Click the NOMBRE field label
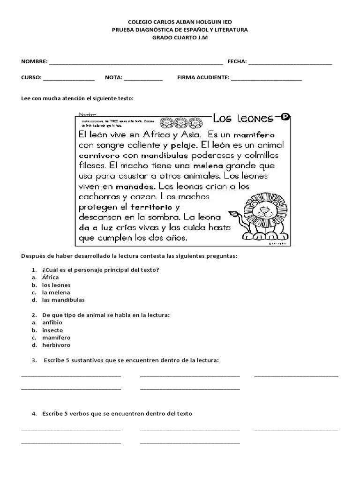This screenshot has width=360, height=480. (34, 61)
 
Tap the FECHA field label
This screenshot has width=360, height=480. (237, 61)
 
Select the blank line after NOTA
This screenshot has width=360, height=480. (143, 79)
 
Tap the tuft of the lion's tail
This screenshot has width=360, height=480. (233, 215)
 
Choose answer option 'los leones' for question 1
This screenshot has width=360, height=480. (56, 285)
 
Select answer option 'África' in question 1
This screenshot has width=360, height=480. (50, 277)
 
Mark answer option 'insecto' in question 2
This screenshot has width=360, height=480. (52, 330)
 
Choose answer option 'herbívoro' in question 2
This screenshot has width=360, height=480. (56, 345)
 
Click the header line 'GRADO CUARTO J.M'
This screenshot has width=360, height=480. (180, 37)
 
